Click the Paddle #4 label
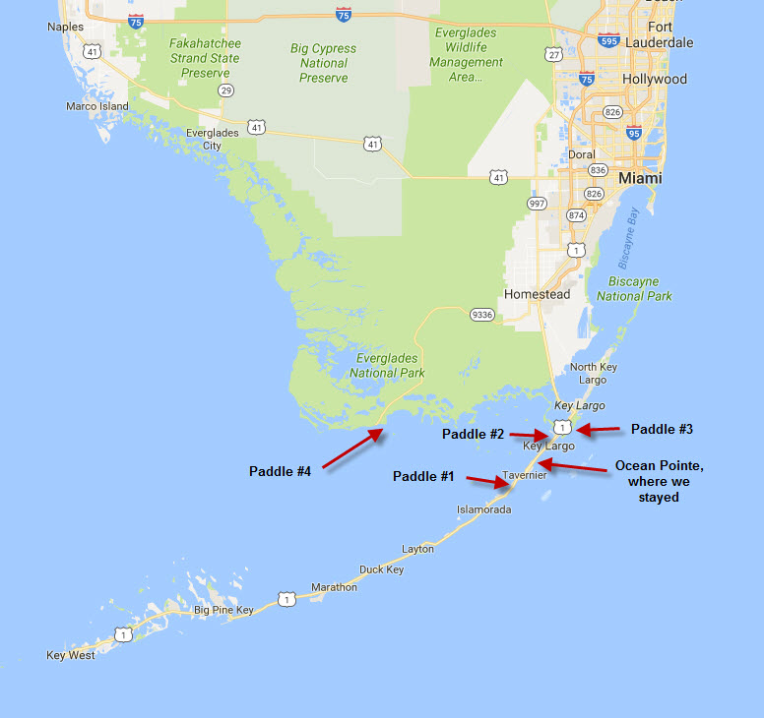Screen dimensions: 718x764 [280, 471]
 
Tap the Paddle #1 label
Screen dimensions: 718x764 [423, 477]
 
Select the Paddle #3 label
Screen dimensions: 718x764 [662, 429]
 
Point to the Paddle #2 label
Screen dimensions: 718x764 [473, 434]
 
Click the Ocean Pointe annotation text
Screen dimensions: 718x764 [659, 481]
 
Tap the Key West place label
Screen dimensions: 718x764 [71, 655]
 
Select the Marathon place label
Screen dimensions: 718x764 [334, 587]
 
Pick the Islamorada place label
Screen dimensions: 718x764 [483, 509]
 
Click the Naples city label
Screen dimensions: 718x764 [66, 27]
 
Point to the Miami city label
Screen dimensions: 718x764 [640, 179]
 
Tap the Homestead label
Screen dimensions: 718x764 [537, 294]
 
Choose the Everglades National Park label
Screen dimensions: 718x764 [387, 366]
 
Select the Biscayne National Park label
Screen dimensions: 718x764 [634, 288]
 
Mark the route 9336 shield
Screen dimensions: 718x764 [481, 315]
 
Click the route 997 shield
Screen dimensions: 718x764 [537, 203]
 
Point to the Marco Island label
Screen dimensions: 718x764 [96, 106]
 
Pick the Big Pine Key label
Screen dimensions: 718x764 [223, 610]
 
